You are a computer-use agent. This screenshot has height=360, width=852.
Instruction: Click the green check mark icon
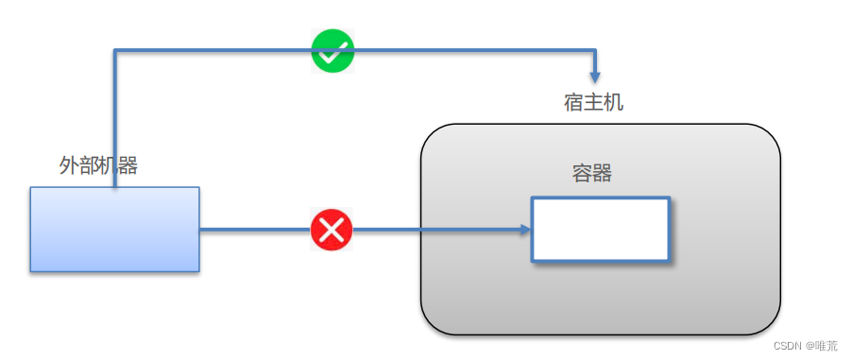click(x=332, y=51)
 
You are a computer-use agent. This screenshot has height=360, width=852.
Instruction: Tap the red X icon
click(x=332, y=230)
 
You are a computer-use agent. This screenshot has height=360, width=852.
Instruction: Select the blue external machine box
click(x=114, y=230)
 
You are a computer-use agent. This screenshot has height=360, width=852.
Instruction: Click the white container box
click(x=600, y=229)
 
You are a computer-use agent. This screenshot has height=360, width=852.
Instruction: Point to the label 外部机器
click(x=98, y=166)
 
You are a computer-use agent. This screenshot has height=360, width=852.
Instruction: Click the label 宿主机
click(x=593, y=102)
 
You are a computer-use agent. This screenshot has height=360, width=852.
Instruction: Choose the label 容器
click(x=592, y=174)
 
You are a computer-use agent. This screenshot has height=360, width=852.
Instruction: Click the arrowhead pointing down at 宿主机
click(x=594, y=75)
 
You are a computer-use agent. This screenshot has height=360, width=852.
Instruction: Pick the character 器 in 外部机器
click(x=128, y=166)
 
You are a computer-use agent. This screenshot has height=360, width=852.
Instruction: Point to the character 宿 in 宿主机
click(x=573, y=102)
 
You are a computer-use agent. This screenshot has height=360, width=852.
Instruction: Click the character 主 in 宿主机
click(x=593, y=102)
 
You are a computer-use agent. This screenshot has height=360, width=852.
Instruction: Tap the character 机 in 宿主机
click(x=614, y=102)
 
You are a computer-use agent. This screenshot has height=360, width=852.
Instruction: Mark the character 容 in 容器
click(x=582, y=174)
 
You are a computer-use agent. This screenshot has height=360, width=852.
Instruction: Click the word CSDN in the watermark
click(x=788, y=346)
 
